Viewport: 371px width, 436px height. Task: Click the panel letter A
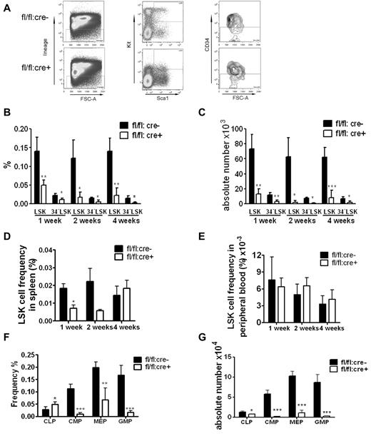(x=6, y=8)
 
